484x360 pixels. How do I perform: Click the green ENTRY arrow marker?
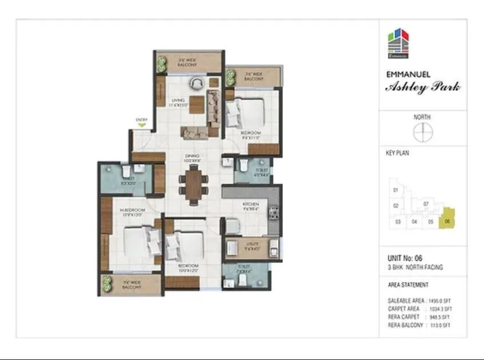point(141,124)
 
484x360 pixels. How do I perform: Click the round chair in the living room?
point(196,83)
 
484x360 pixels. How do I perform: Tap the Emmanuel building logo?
point(397,45)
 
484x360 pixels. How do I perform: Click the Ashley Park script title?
point(422,87)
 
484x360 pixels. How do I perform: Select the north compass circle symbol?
point(422,133)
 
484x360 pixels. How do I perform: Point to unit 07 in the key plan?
point(426,203)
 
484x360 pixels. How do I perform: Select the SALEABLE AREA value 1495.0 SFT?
point(441,301)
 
